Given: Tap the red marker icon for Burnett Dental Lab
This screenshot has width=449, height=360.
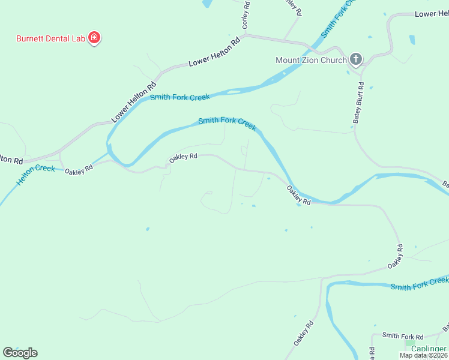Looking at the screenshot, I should click(94, 38).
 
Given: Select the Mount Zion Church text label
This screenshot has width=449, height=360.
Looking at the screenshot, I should click(311, 60).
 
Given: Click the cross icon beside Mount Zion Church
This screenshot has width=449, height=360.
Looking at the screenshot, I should click(355, 59).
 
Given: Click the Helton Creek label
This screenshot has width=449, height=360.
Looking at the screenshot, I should click(36, 174).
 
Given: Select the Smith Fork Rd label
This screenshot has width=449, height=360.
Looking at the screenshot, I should click(403, 336).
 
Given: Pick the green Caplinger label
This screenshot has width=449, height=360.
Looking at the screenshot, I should click(429, 349).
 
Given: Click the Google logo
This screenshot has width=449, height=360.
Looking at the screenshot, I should click(20, 352).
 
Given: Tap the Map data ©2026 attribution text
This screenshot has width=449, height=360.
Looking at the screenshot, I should click(423, 355).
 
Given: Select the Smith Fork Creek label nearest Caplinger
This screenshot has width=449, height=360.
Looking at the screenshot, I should click(419, 283).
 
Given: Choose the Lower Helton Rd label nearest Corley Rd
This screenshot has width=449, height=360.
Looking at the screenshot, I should click(214, 53).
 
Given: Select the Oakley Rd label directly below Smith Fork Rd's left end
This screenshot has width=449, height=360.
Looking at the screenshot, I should click(304, 331).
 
